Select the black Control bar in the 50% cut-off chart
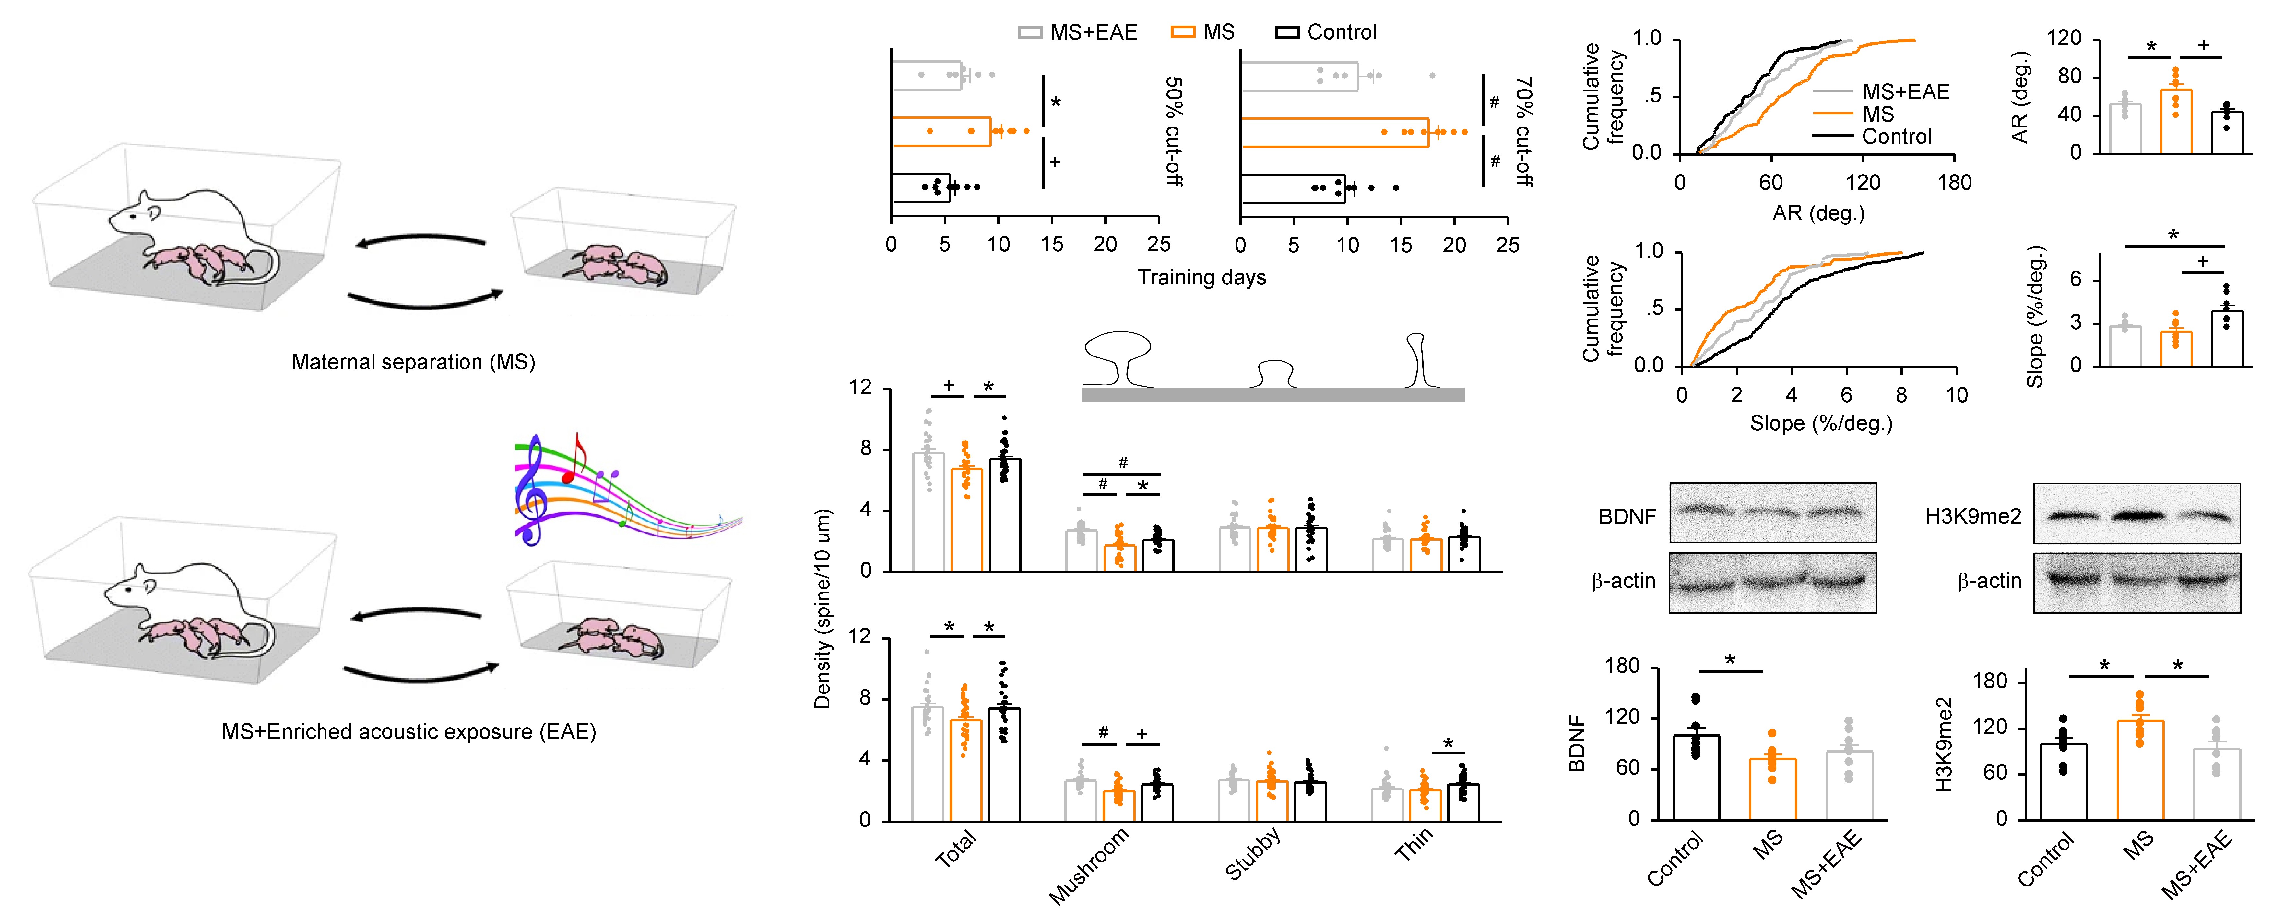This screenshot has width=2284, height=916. pos(920,188)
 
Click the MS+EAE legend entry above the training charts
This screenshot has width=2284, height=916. pos(1077,33)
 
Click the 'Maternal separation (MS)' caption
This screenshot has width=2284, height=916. pos(413,362)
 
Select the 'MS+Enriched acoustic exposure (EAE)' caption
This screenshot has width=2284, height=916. pos(409,731)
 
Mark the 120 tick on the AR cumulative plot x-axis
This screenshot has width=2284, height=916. pos(1863,183)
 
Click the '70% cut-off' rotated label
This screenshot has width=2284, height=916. pos(1524,131)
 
